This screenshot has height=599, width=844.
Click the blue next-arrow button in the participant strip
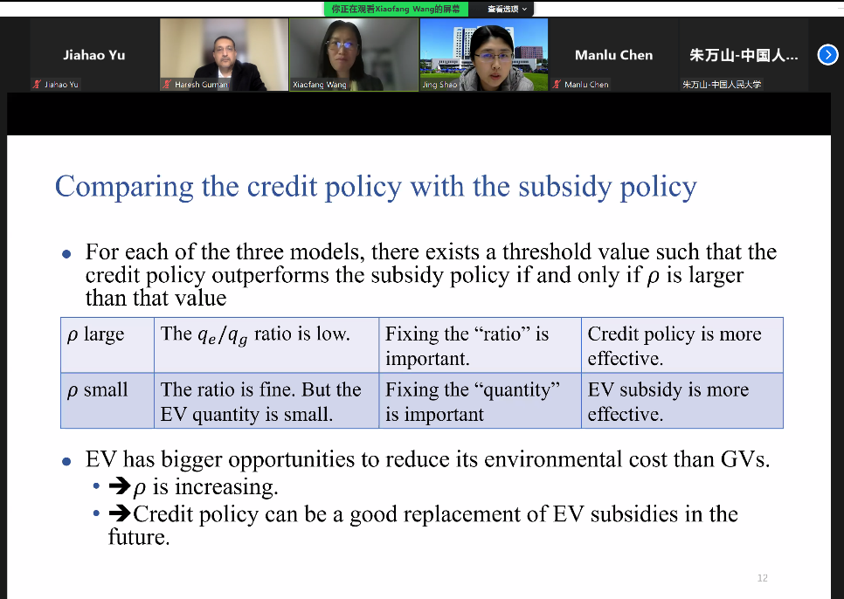pyautogui.click(x=828, y=55)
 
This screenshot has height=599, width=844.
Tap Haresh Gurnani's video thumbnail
pyautogui.click(x=224, y=54)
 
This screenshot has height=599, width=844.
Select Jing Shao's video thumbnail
pyautogui.click(x=484, y=54)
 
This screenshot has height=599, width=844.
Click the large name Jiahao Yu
pyautogui.click(x=94, y=55)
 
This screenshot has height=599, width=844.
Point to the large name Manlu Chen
pyautogui.click(x=613, y=55)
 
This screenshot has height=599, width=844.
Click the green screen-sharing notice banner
pyautogui.click(x=396, y=9)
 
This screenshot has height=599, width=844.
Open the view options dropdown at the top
pyautogui.click(x=507, y=9)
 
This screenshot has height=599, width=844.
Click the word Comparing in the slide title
pyautogui.click(x=124, y=188)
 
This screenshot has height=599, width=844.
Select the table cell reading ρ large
pyautogui.click(x=107, y=345)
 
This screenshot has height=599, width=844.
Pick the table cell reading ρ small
pyautogui.click(x=107, y=401)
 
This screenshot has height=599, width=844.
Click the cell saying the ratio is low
pyautogui.click(x=266, y=345)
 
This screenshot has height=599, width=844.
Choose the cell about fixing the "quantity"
pyautogui.click(x=481, y=401)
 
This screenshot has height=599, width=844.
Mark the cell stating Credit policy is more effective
pyautogui.click(x=682, y=345)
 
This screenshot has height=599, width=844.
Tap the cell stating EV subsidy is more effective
pyautogui.click(x=682, y=401)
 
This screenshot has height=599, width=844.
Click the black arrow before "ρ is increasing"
pyautogui.click(x=120, y=486)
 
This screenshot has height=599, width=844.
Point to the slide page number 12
pyautogui.click(x=762, y=578)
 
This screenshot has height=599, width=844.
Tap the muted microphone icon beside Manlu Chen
pyautogui.click(x=557, y=84)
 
